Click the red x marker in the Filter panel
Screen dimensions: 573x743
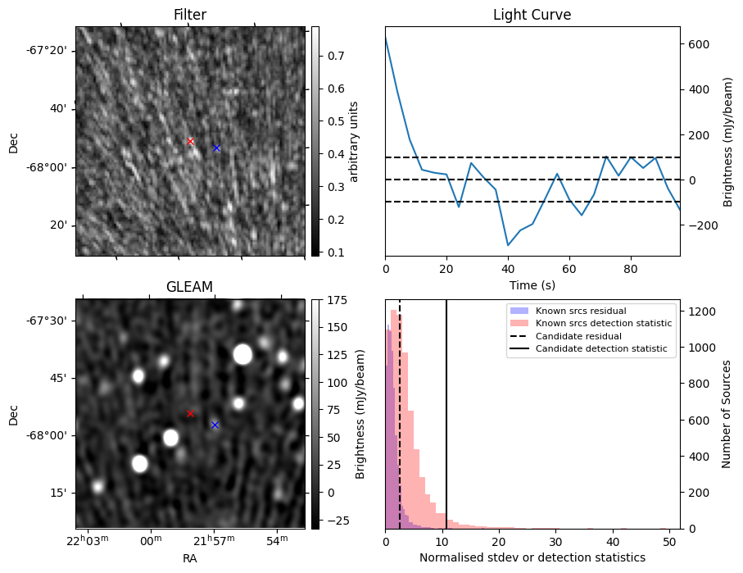(191, 141)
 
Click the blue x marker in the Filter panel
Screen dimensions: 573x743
(216, 148)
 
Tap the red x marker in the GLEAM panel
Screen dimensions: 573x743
(190, 414)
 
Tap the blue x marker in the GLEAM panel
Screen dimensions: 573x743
(215, 425)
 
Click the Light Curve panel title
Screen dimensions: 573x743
(532, 15)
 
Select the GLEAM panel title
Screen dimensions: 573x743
(189, 286)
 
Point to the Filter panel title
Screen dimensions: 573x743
(189, 15)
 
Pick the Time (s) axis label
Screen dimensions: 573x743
(532, 284)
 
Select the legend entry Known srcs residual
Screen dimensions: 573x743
(580, 311)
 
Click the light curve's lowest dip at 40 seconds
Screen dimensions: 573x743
(508, 245)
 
